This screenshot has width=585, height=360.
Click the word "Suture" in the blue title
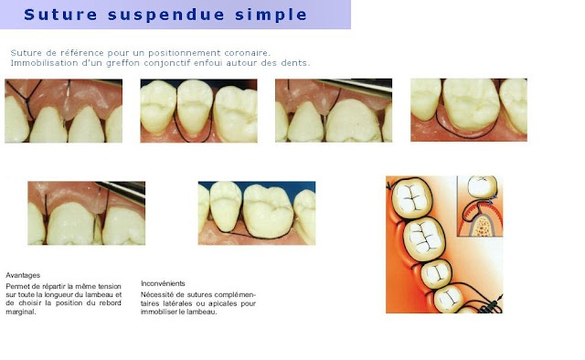click(x=60, y=15)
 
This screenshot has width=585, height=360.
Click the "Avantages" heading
click(x=23, y=275)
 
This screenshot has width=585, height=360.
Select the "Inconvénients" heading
click(x=163, y=283)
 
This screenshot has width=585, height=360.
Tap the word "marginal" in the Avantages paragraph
click(x=21, y=312)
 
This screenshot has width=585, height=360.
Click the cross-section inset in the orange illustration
click(x=480, y=206)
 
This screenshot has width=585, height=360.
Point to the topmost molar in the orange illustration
click(x=411, y=197)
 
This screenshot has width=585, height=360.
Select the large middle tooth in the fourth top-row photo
click(x=471, y=103)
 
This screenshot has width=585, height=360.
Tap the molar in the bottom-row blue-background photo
click(x=268, y=211)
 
